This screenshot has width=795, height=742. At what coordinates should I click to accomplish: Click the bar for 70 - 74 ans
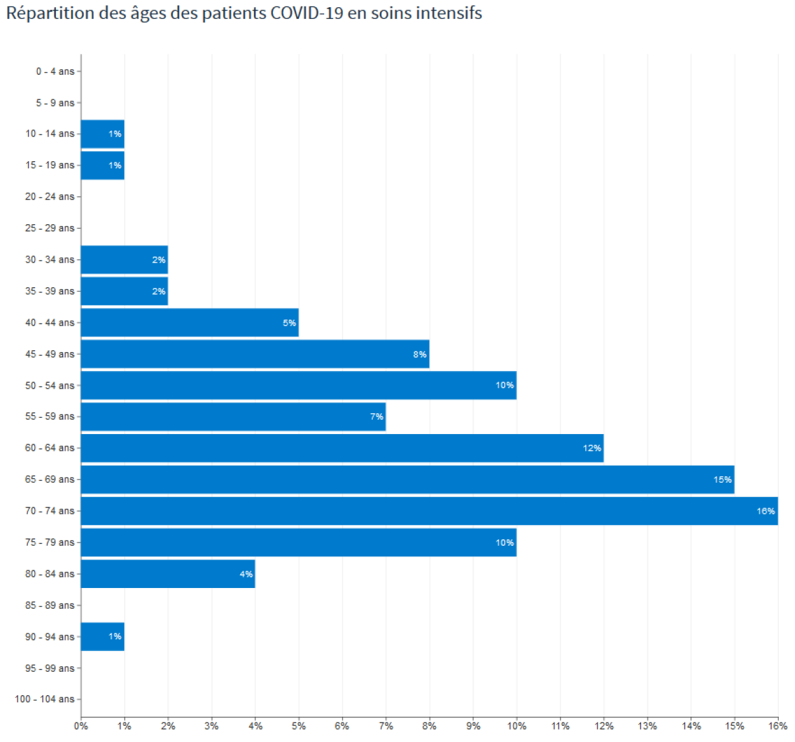coord(429,511)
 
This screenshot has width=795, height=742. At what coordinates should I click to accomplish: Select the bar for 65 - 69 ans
coord(407,479)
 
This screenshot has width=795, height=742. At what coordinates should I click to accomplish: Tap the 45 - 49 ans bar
coord(255,353)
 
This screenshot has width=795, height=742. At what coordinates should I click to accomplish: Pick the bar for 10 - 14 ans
coord(103,134)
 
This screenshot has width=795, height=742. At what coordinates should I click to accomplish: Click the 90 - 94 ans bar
coord(103,637)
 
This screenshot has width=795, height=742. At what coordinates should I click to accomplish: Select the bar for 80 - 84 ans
coord(168,574)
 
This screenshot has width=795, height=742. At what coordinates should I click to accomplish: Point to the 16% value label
coord(765,511)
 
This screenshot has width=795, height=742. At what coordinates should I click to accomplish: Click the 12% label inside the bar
coord(592,448)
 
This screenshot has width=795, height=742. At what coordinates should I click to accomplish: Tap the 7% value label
coord(376,416)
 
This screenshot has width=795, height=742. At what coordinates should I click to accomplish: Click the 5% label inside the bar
coord(289,323)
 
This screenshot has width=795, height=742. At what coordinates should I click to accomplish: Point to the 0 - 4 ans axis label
coord(55,71)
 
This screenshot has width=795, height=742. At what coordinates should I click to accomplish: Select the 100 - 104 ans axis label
coord(44,698)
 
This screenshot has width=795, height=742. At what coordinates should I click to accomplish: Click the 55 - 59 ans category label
coord(49,416)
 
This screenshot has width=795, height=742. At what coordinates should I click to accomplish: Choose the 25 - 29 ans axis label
coord(49,228)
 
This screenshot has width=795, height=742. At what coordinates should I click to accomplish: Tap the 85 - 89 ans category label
coord(49,605)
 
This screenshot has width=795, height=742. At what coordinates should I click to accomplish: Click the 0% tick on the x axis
coord(81,726)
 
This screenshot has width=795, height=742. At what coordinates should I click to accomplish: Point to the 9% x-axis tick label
coord(473,726)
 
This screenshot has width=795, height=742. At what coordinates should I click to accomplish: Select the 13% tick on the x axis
coord(648,726)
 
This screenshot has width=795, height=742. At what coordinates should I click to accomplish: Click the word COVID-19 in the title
coord(307,13)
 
